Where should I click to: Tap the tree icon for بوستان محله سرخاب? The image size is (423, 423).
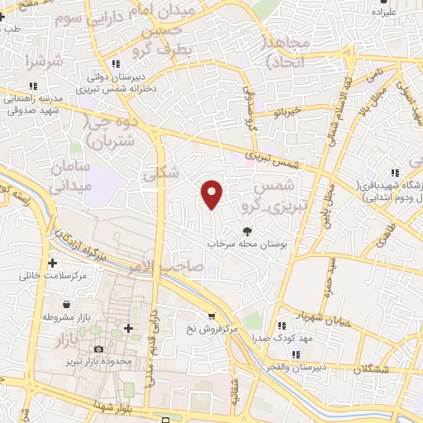pos(246,232)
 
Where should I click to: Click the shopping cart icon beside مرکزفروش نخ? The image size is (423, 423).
pos(212,315)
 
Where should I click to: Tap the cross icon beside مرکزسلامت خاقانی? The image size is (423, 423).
pos(53,264)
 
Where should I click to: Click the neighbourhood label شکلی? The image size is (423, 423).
pos(155,174)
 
